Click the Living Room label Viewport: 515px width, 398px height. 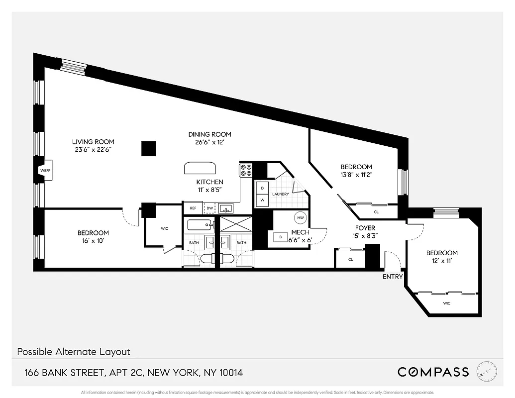[93, 142]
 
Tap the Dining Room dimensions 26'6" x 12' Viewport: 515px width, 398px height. [209, 142]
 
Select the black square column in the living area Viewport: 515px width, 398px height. [148, 148]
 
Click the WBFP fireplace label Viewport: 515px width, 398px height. [45, 171]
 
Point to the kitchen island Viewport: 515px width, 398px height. [200, 168]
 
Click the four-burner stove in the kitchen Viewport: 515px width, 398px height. [246, 171]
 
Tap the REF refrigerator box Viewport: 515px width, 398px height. [193, 208]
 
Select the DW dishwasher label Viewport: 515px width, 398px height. [209, 208]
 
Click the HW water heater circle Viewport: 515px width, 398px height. [300, 217]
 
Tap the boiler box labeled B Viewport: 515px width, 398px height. [281, 237]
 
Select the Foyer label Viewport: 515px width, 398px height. [365, 228]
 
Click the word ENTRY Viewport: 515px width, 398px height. [393, 277]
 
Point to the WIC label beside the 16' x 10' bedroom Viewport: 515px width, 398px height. [165, 229]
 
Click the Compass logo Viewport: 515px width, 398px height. [433, 372]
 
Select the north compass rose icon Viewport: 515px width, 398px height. [486, 371]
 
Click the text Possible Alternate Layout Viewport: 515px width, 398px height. [74, 352]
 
